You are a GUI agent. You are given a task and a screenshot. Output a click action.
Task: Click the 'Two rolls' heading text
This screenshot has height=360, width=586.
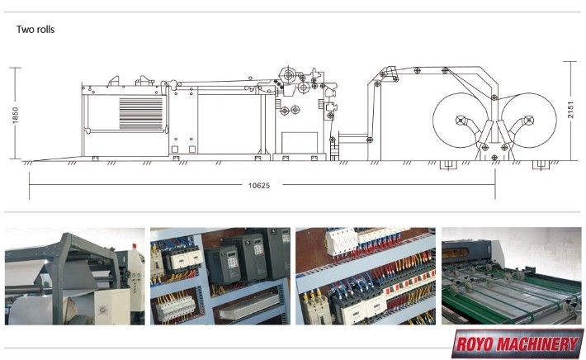click(35, 30)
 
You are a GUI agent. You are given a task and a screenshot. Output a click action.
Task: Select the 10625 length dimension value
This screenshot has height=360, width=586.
click(259, 186)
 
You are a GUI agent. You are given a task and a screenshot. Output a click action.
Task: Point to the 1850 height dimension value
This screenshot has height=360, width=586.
click(15, 116)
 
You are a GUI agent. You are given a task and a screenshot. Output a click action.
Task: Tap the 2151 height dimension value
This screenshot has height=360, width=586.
click(570, 110)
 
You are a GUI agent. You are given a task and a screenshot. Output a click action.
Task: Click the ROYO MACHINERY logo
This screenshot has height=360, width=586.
click(517, 343)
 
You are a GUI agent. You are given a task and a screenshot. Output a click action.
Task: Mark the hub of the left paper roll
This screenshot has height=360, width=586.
click(461, 121)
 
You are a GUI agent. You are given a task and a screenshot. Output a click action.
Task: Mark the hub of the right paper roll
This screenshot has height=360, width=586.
click(528, 121)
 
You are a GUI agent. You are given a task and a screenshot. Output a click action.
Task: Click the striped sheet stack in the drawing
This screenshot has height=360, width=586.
click(141, 113)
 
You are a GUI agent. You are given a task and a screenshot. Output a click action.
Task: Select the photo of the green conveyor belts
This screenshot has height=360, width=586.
click(511, 276)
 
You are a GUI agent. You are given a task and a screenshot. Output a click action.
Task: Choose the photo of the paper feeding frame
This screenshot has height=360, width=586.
click(75, 276)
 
